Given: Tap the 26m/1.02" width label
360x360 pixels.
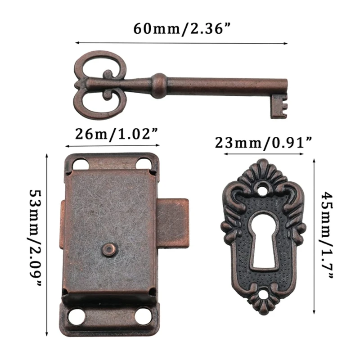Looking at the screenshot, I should [112, 134].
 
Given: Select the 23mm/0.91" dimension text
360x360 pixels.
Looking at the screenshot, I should [263, 143].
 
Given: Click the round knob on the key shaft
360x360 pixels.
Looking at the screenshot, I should [159, 85].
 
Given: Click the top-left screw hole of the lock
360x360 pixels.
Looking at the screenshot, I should [80, 164].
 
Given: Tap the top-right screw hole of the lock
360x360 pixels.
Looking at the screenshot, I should [144, 163].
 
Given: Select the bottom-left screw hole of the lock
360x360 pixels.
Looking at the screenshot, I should [77, 316].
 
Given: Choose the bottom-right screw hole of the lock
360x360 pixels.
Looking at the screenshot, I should [144, 316].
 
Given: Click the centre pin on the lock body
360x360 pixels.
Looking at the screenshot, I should [109, 249].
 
